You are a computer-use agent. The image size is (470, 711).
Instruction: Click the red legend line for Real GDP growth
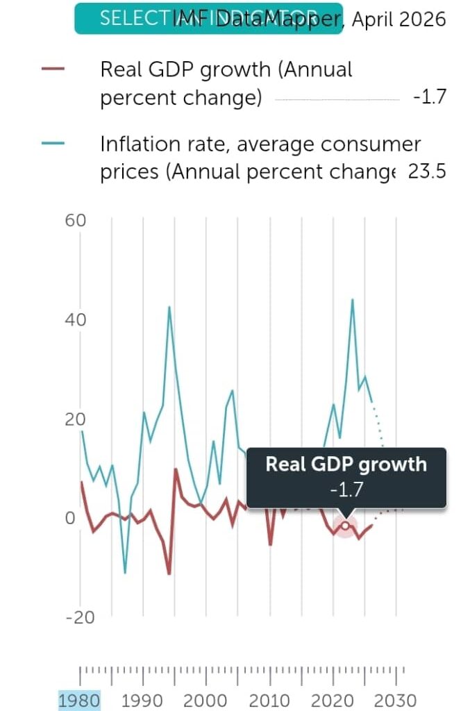tap(53, 69)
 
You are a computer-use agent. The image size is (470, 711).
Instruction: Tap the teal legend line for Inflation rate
tap(53, 144)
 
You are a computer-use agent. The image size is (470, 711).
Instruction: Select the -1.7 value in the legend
tap(428, 97)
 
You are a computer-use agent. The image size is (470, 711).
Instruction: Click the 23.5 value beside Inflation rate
tap(426, 172)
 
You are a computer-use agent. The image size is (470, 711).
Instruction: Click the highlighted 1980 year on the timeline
tap(79, 700)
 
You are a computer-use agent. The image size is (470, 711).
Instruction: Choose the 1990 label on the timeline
tap(142, 700)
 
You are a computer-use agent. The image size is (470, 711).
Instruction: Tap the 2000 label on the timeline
tap(206, 700)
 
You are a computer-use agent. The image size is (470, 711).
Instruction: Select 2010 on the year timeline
tap(269, 700)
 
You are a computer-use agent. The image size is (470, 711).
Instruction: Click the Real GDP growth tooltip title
tap(346, 465)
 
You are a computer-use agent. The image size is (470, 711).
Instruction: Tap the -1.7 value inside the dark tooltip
tap(346, 490)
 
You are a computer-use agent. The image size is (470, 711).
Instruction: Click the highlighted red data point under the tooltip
tap(345, 526)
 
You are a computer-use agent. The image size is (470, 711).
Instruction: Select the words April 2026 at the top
tap(398, 19)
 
